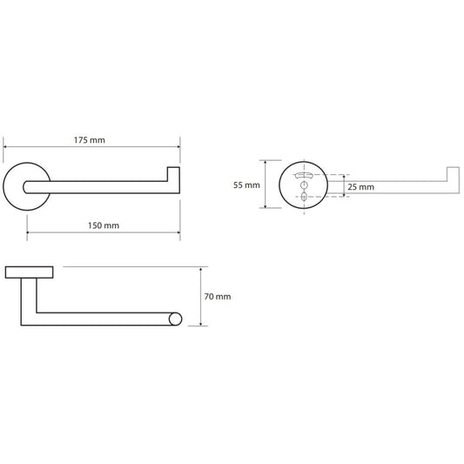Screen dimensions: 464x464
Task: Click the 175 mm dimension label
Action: [x=90, y=140]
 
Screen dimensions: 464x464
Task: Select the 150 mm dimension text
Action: [x=104, y=225]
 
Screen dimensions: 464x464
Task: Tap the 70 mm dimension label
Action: [x=218, y=297]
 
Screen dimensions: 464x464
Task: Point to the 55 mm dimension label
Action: [x=246, y=185]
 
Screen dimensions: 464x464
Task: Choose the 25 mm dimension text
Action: [x=360, y=187]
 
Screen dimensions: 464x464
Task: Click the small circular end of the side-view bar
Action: [x=175, y=319]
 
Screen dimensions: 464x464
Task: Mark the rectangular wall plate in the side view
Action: [x=30, y=272]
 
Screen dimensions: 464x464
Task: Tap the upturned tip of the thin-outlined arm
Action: [x=453, y=173]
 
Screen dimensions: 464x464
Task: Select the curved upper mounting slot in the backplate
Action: [x=304, y=175]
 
